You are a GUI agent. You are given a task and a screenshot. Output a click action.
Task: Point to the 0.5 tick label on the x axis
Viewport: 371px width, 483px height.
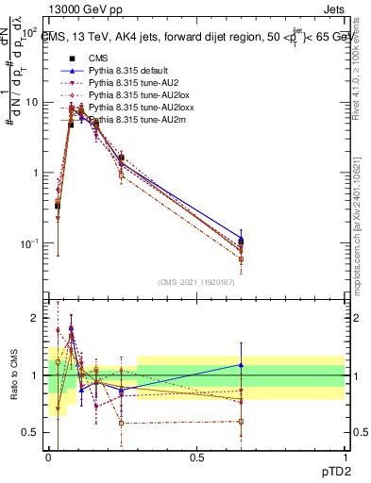196,457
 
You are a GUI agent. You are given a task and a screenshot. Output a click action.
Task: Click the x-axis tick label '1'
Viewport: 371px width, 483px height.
345,457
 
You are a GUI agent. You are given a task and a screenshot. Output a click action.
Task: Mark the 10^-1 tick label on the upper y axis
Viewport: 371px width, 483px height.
31,243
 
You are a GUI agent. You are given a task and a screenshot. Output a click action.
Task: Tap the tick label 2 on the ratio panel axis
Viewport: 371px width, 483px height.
37,318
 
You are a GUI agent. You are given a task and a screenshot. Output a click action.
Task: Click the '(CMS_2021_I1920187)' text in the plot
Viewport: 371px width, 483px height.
196,280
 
